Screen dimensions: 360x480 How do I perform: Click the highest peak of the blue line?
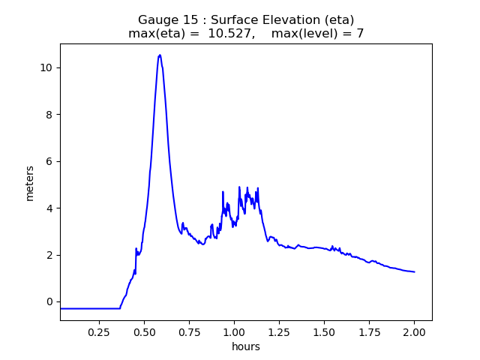point(160,55)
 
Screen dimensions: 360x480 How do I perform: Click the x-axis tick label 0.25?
point(99,331)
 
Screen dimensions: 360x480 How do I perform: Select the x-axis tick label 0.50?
point(144,331)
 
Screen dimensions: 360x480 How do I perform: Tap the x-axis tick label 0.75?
point(189,331)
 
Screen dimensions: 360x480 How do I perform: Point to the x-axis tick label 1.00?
point(234,331)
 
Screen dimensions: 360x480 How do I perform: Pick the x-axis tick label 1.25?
point(279,331)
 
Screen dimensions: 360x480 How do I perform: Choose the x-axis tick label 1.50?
point(324,331)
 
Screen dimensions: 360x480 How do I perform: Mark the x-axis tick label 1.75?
point(369,331)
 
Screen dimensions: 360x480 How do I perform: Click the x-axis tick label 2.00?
point(414,331)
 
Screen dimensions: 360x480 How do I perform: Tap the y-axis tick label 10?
point(46,67)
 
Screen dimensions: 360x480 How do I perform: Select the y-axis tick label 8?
point(49,115)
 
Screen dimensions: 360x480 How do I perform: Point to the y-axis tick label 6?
point(49,161)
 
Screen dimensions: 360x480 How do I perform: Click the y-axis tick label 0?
point(49,301)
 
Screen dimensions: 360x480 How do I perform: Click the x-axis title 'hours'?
point(246,346)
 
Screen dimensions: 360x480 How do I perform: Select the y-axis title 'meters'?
point(30,183)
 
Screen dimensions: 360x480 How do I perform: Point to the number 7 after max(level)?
point(360,34)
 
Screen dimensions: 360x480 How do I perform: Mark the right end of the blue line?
point(415,272)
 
